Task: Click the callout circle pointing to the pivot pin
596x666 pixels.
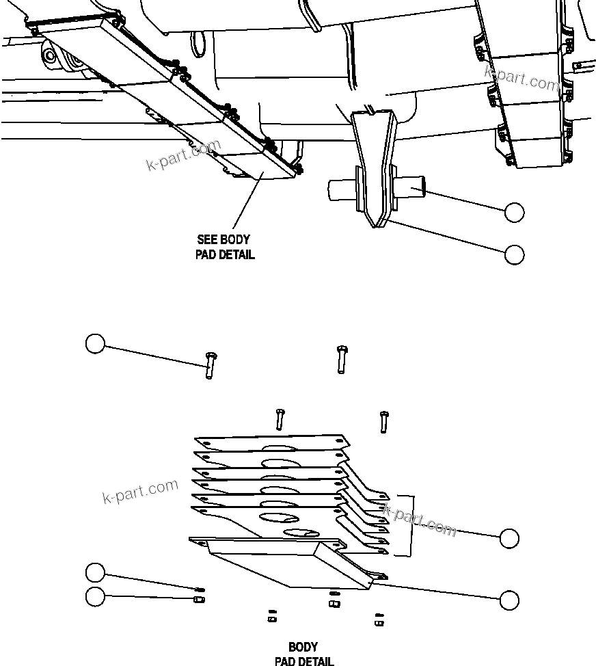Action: click(514, 213)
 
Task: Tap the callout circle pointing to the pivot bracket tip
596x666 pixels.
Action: click(514, 254)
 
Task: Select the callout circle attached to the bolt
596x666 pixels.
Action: click(95, 343)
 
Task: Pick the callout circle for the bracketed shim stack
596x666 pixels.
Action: click(509, 538)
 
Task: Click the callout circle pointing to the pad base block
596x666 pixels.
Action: click(509, 600)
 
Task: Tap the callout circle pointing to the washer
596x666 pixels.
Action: click(95, 572)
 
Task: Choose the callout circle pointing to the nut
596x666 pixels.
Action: click(95, 596)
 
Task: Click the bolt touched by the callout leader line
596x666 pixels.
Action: click(209, 364)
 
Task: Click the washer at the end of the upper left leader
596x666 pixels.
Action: click(200, 589)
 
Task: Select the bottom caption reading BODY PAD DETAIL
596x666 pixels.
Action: click(303, 654)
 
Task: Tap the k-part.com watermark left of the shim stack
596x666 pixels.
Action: click(140, 491)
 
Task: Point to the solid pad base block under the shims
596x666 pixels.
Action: click(287, 561)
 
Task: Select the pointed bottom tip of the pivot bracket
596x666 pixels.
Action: click(375, 224)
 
